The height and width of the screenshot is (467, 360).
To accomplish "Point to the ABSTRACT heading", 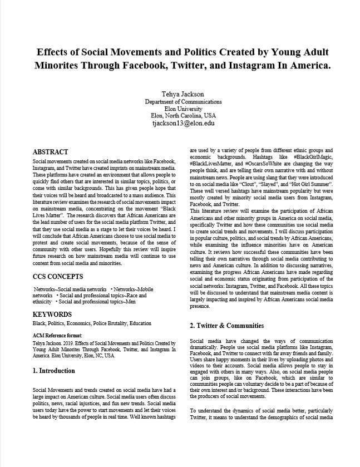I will tap(51, 151).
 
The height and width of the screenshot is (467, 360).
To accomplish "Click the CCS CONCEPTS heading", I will tap(58, 276).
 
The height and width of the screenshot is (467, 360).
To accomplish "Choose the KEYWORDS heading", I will tap(52, 314).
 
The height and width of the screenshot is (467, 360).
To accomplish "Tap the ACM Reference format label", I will tap(57, 336).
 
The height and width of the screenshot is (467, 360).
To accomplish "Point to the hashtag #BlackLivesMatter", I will tap(214, 164).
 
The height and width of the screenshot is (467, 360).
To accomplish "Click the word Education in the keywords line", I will tap(140, 323).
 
